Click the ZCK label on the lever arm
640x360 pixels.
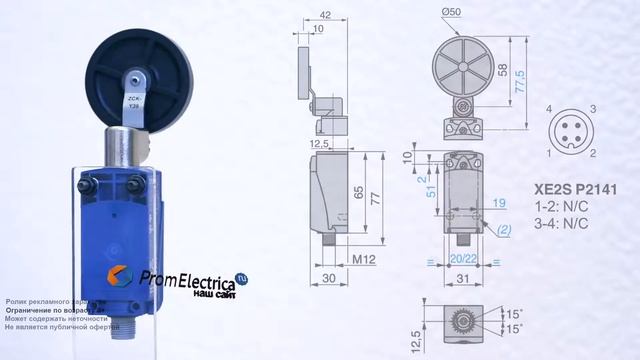tap(134, 100)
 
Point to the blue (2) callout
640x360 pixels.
tap(507, 229)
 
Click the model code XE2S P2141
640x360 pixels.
tap(567, 187)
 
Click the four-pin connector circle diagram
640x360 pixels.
tap(571, 130)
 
